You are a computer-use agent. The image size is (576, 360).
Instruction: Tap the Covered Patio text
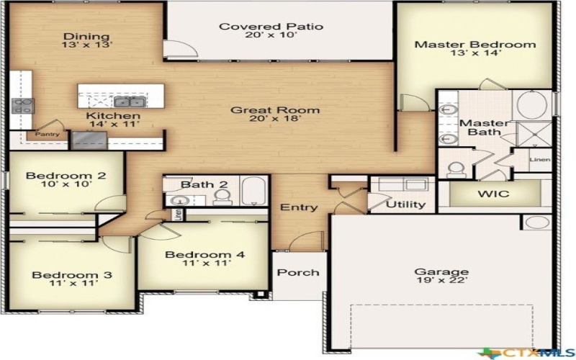(271, 27)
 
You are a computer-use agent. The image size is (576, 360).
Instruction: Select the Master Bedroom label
(474, 45)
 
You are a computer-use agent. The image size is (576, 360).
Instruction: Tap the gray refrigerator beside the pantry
(89, 140)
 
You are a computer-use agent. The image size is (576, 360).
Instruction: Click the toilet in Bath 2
(222, 196)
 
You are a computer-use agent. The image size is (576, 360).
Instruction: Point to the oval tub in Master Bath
(532, 106)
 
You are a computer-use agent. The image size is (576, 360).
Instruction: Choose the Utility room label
(405, 204)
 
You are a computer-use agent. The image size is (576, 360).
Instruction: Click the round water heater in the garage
(536, 222)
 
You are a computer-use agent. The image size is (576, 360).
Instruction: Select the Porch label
(298, 272)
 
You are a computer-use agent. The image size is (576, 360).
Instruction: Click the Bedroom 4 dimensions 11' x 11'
(204, 265)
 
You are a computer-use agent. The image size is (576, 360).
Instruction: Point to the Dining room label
(86, 37)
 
